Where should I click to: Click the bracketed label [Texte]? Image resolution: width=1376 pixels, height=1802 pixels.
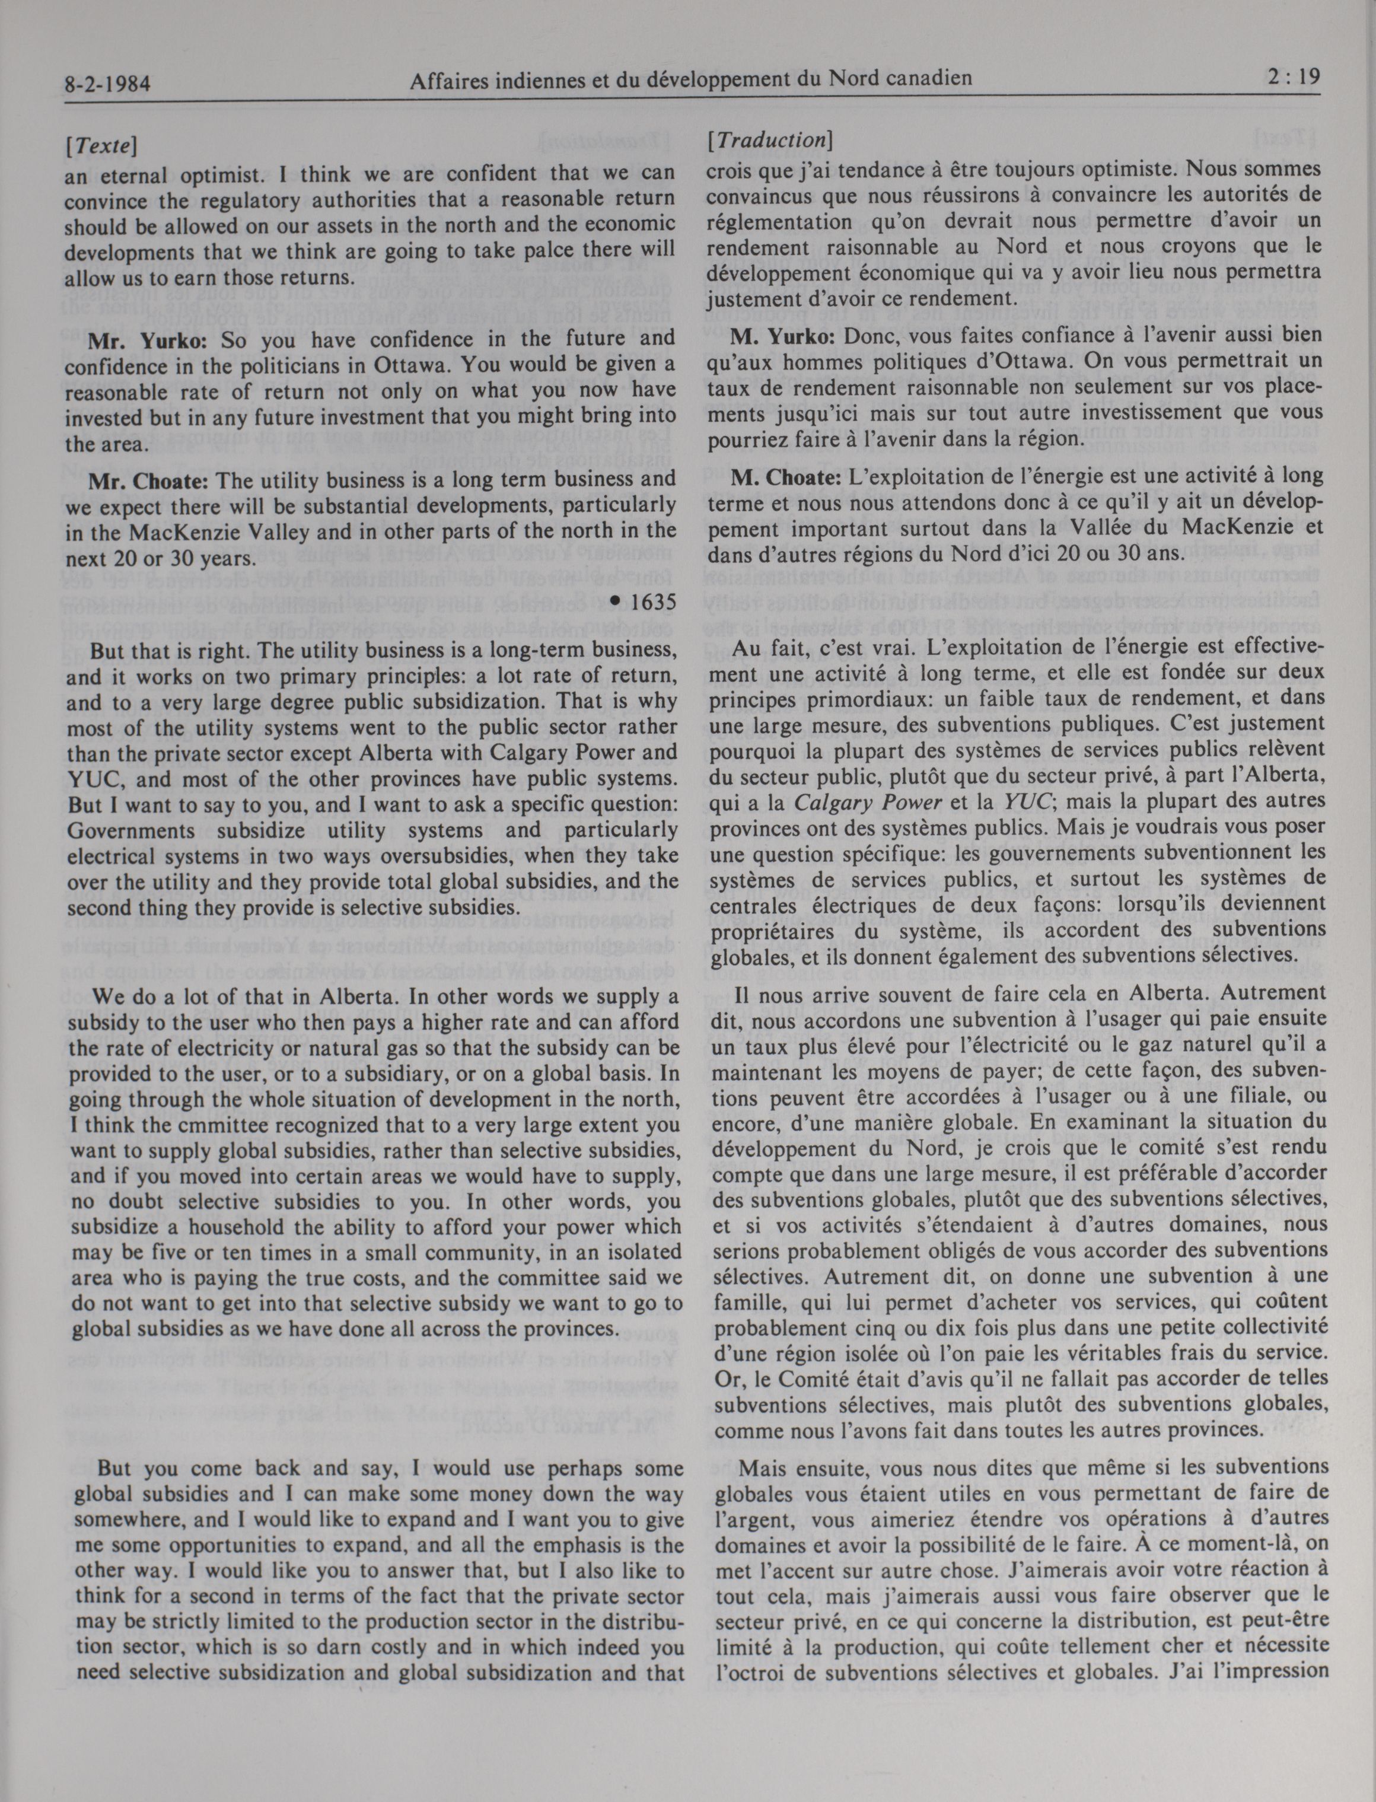(x=100, y=146)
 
